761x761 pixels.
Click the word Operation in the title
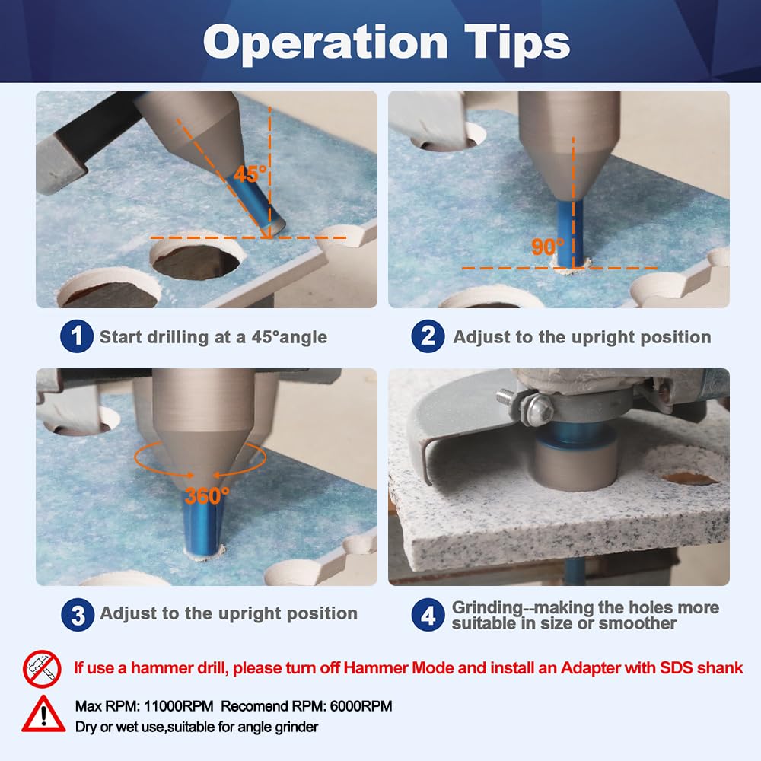tap(325, 43)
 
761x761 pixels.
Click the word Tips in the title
tap(517, 43)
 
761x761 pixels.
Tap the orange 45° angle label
tap(250, 174)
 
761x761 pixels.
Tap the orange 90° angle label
tap(547, 247)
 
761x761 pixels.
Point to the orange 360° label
tap(207, 495)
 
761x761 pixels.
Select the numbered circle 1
tap(77, 336)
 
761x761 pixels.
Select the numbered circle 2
tap(428, 336)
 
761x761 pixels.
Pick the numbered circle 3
tap(78, 615)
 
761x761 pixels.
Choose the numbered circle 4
tap(428, 615)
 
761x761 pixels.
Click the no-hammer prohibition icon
tap(42, 669)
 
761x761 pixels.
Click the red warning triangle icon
tap(43, 714)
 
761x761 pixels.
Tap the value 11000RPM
tap(179, 706)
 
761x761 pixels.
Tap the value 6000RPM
tap(361, 706)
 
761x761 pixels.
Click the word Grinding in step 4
tap(487, 607)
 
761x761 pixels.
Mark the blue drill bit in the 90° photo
tap(570, 233)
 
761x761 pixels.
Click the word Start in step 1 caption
tap(120, 337)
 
